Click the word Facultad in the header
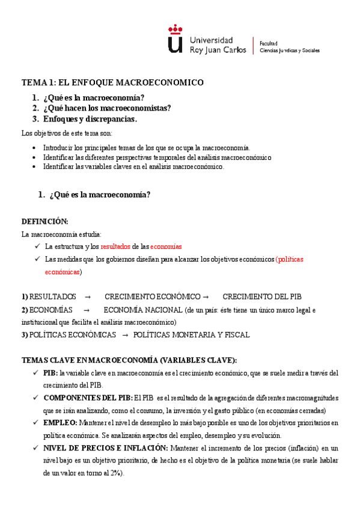[x=268, y=44]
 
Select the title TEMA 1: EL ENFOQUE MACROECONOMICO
[x=112, y=82]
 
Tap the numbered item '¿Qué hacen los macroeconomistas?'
[x=107, y=108]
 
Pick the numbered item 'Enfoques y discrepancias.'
[x=90, y=119]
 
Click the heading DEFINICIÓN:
[x=45, y=221]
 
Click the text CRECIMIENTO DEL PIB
[x=262, y=296]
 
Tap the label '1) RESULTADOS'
[x=49, y=296]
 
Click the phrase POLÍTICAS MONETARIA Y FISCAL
[x=191, y=335]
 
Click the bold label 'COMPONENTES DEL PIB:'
[x=88, y=398]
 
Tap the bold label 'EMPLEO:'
[x=60, y=423]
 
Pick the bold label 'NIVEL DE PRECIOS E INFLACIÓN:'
[x=106, y=448]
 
